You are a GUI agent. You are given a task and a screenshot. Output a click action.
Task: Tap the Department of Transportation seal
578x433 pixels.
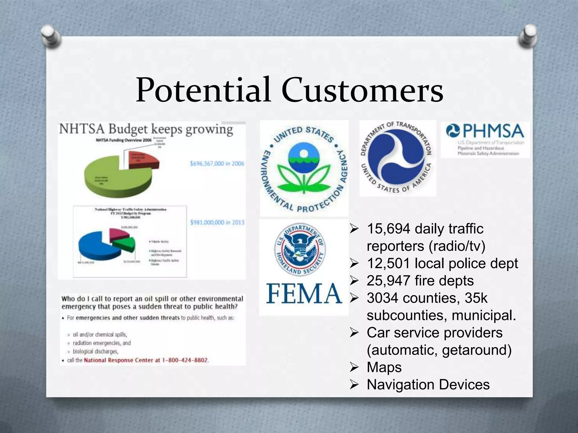point(397,158)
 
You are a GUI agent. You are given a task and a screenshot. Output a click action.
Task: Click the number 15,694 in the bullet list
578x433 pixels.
point(388,229)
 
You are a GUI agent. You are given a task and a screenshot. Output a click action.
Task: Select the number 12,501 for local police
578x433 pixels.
point(388,263)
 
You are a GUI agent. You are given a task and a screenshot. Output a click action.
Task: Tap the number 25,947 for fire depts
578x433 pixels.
point(388,281)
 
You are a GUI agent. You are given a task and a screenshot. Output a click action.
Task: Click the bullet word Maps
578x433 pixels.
point(384,367)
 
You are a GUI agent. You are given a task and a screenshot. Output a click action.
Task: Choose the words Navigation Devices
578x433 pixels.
point(428,385)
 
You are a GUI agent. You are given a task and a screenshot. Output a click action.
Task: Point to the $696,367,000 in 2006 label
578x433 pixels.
point(217,164)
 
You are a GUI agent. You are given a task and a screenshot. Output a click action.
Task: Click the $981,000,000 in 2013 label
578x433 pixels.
point(217,222)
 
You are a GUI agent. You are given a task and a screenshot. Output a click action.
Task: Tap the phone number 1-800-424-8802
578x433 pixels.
point(185,360)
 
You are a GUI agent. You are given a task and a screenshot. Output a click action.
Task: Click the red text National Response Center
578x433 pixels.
point(119,360)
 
